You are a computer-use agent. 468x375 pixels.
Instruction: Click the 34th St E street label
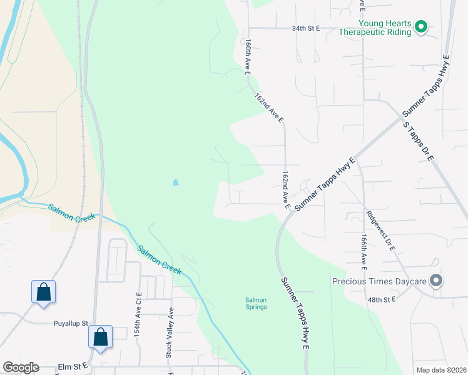[x=305, y=29]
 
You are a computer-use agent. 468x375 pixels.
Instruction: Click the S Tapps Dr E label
[x=417, y=142]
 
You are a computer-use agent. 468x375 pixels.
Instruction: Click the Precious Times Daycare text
[x=379, y=281]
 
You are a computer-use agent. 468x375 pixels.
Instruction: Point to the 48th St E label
[x=382, y=300]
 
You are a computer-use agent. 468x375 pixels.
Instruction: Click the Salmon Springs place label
[x=255, y=303]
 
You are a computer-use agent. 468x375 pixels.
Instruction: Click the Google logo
[x=21, y=367]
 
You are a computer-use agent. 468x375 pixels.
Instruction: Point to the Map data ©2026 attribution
[x=441, y=370]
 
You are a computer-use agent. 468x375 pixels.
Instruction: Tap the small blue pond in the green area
[x=175, y=182]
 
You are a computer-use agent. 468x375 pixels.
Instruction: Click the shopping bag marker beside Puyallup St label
[x=100, y=336]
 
